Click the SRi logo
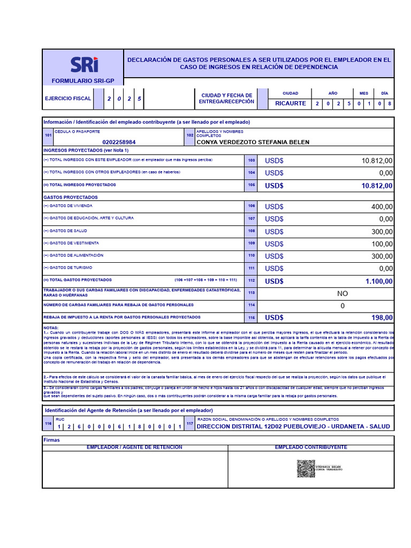(85, 65)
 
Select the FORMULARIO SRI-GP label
(82, 81)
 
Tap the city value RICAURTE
(291, 103)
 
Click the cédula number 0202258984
(119, 142)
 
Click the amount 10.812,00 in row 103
(377, 161)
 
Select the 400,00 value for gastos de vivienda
(382, 207)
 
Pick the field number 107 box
(251, 219)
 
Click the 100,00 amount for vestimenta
(382, 243)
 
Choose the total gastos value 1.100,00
(379, 281)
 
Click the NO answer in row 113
(342, 293)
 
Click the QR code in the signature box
(306, 468)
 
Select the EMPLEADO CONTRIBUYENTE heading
(311, 447)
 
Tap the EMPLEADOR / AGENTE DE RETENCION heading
(134, 447)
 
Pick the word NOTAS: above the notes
(51, 328)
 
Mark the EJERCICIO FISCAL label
(68, 98)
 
